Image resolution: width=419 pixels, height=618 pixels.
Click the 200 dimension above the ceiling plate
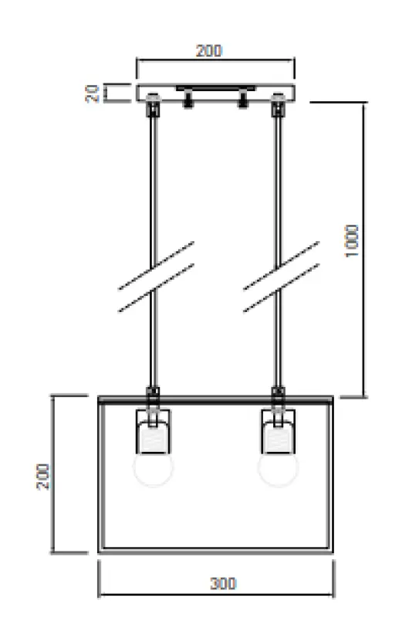[208, 51]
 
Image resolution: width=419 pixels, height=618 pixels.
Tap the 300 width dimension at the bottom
[223, 584]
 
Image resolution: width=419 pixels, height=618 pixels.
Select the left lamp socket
[155, 430]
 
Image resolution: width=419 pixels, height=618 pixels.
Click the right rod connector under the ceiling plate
[279, 107]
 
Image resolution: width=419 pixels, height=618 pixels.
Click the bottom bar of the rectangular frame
[216, 551]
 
